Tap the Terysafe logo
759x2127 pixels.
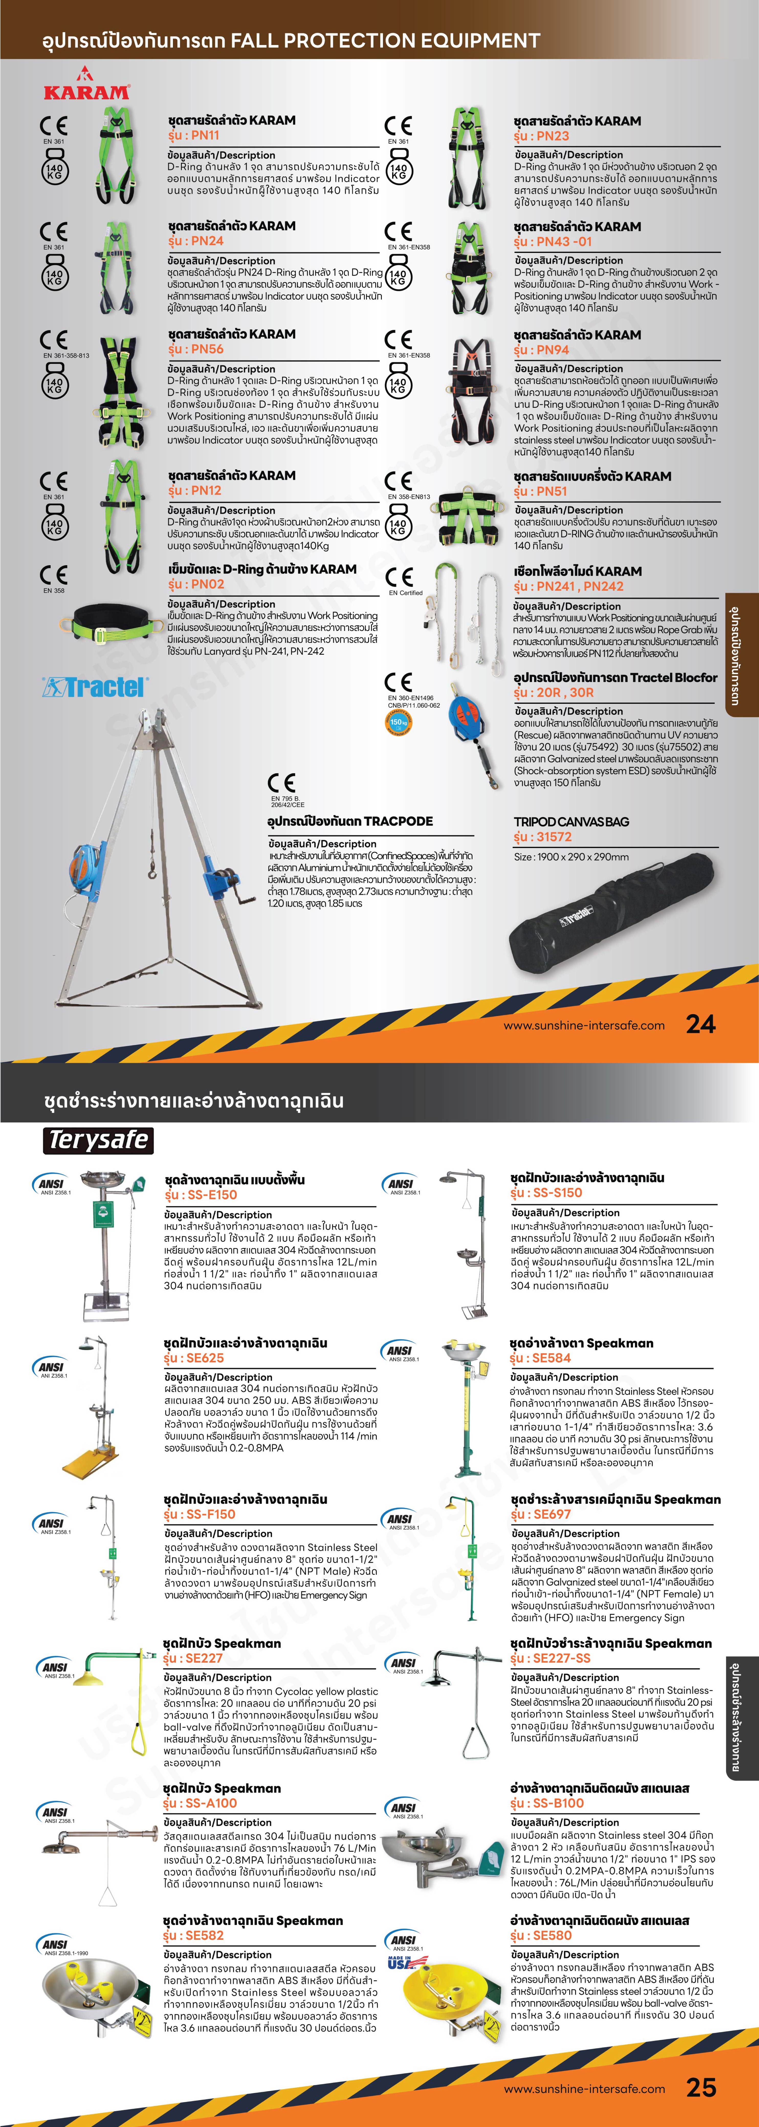(x=98, y=1140)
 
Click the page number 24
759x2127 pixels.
(x=700, y=1024)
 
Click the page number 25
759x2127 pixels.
(x=700, y=2087)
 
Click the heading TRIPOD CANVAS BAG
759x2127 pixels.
(x=571, y=822)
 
